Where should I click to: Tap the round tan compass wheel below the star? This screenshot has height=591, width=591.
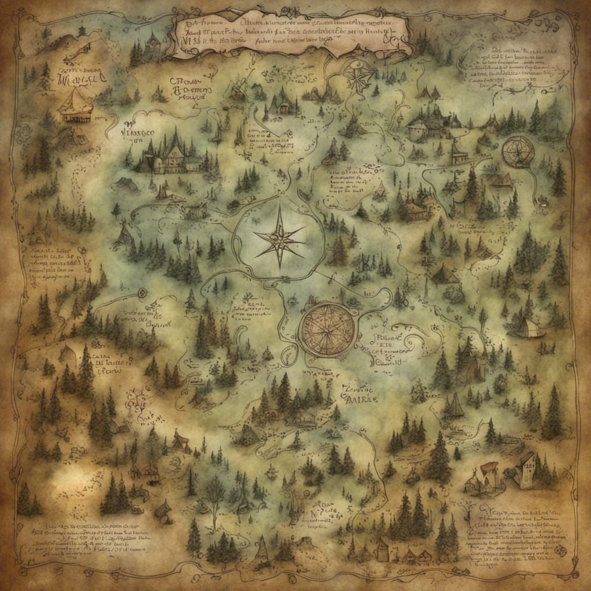tap(327, 330)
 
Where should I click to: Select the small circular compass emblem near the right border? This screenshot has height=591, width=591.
tap(517, 151)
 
